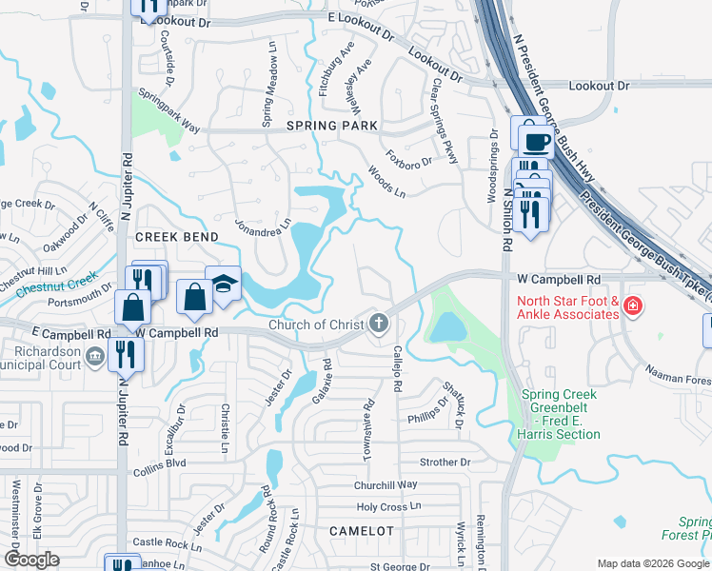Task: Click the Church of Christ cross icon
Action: [379, 325]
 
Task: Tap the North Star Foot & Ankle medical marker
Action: [632, 307]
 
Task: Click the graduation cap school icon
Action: [224, 284]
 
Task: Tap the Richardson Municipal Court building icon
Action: [94, 356]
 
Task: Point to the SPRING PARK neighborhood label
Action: [332, 126]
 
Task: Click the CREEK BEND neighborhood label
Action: [177, 236]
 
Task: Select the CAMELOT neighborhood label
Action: [361, 530]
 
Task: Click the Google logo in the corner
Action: [31, 560]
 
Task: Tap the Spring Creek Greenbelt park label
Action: [561, 414]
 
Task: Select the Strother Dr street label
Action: [445, 463]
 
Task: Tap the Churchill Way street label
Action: [386, 485]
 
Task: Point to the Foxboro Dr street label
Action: [408, 155]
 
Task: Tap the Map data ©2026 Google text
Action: [653, 563]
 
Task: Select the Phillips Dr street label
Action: [427, 409]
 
